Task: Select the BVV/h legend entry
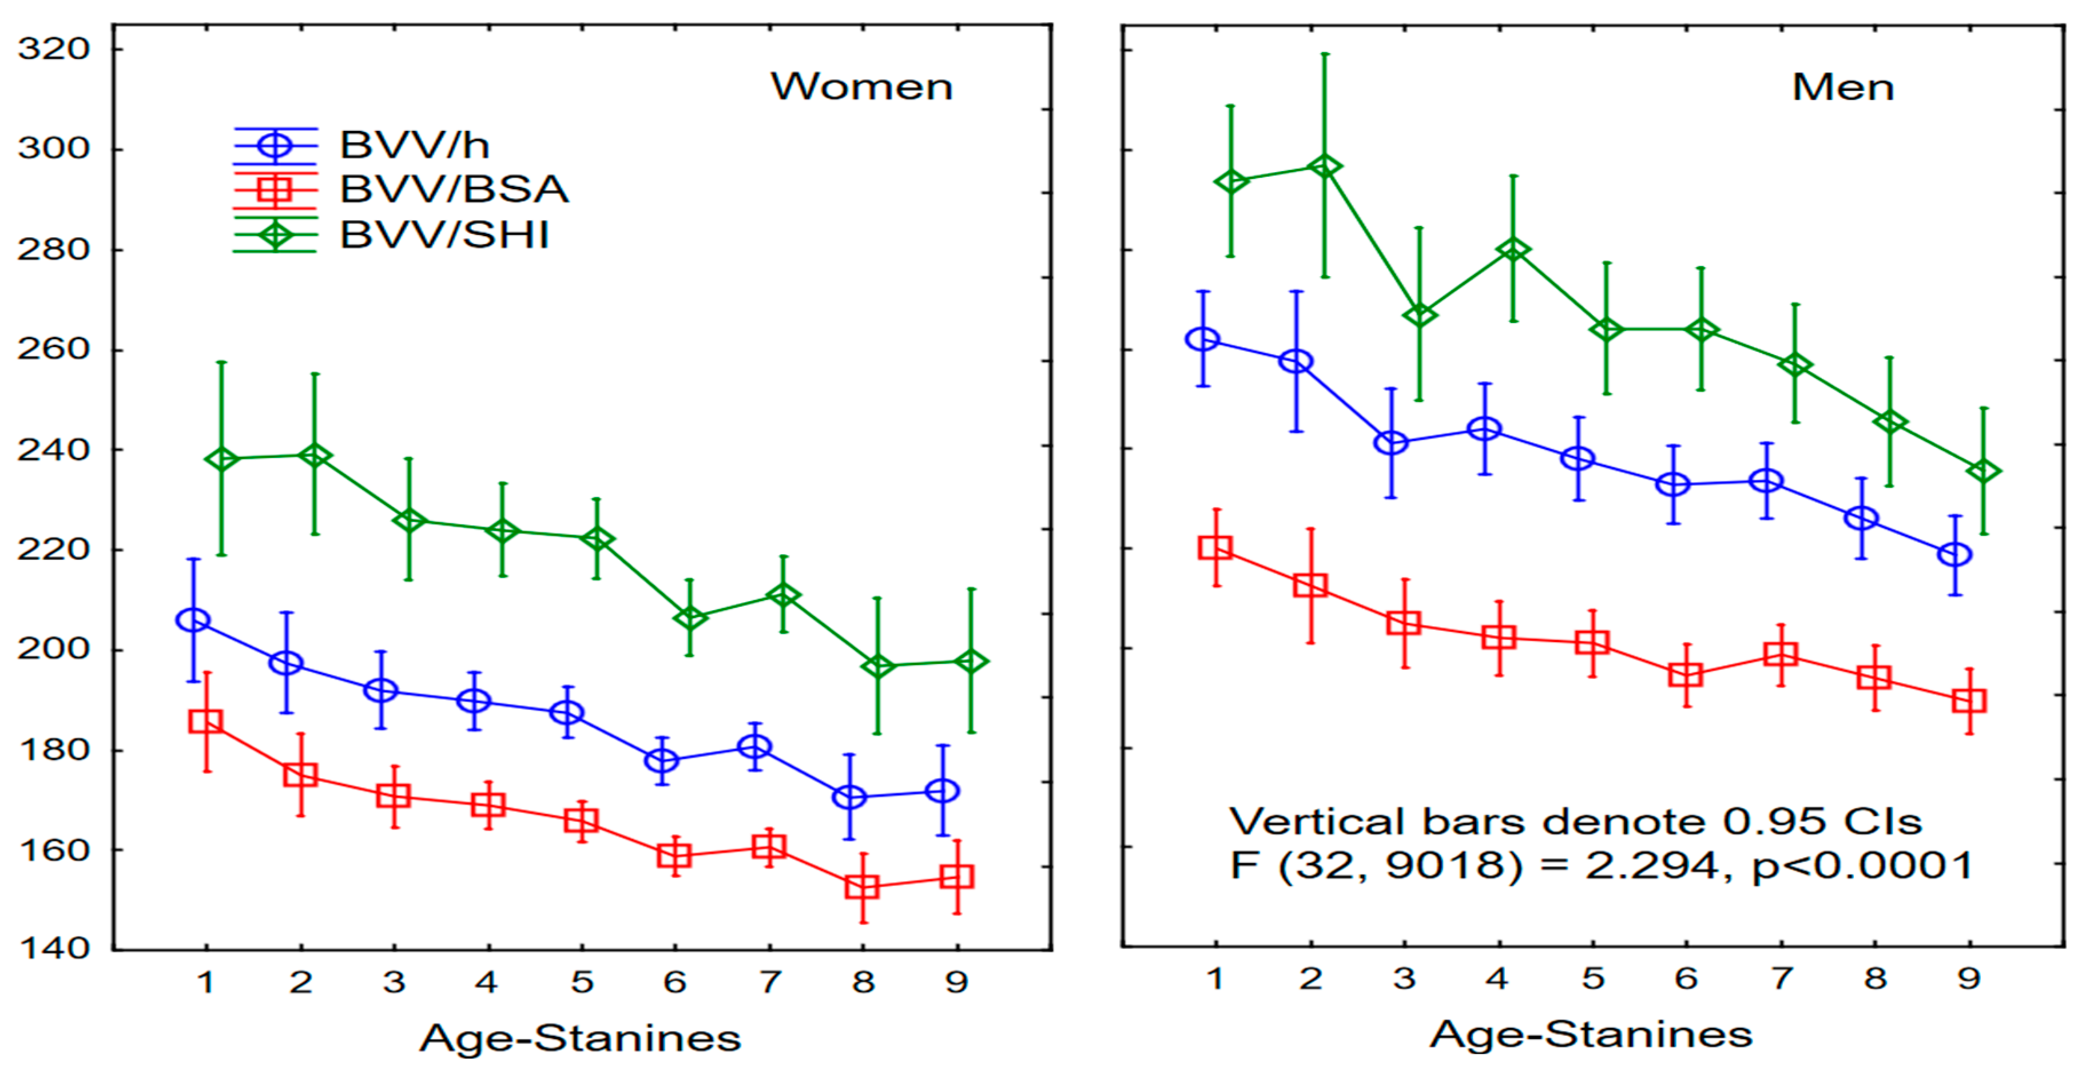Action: (414, 145)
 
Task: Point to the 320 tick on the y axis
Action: (53, 49)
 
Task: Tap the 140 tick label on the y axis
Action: (53, 948)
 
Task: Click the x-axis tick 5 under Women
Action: (582, 982)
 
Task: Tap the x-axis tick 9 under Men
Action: (1969, 979)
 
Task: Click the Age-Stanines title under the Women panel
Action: (579, 1038)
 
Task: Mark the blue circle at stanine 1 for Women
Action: (192, 620)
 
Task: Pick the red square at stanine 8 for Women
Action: (863, 887)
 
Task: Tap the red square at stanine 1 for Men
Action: (1215, 547)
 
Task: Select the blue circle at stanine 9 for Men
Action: (1954, 555)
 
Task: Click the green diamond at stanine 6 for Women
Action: (689, 618)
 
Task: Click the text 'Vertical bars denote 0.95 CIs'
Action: (1575, 822)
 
